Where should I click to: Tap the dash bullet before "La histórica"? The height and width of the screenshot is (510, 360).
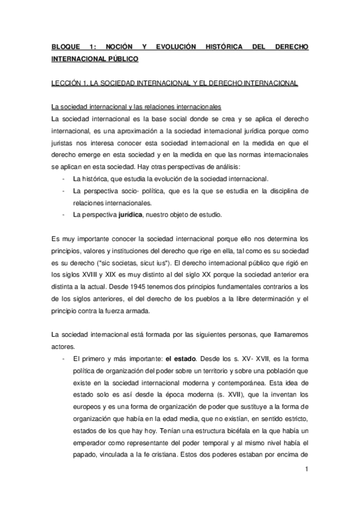point(64,179)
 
